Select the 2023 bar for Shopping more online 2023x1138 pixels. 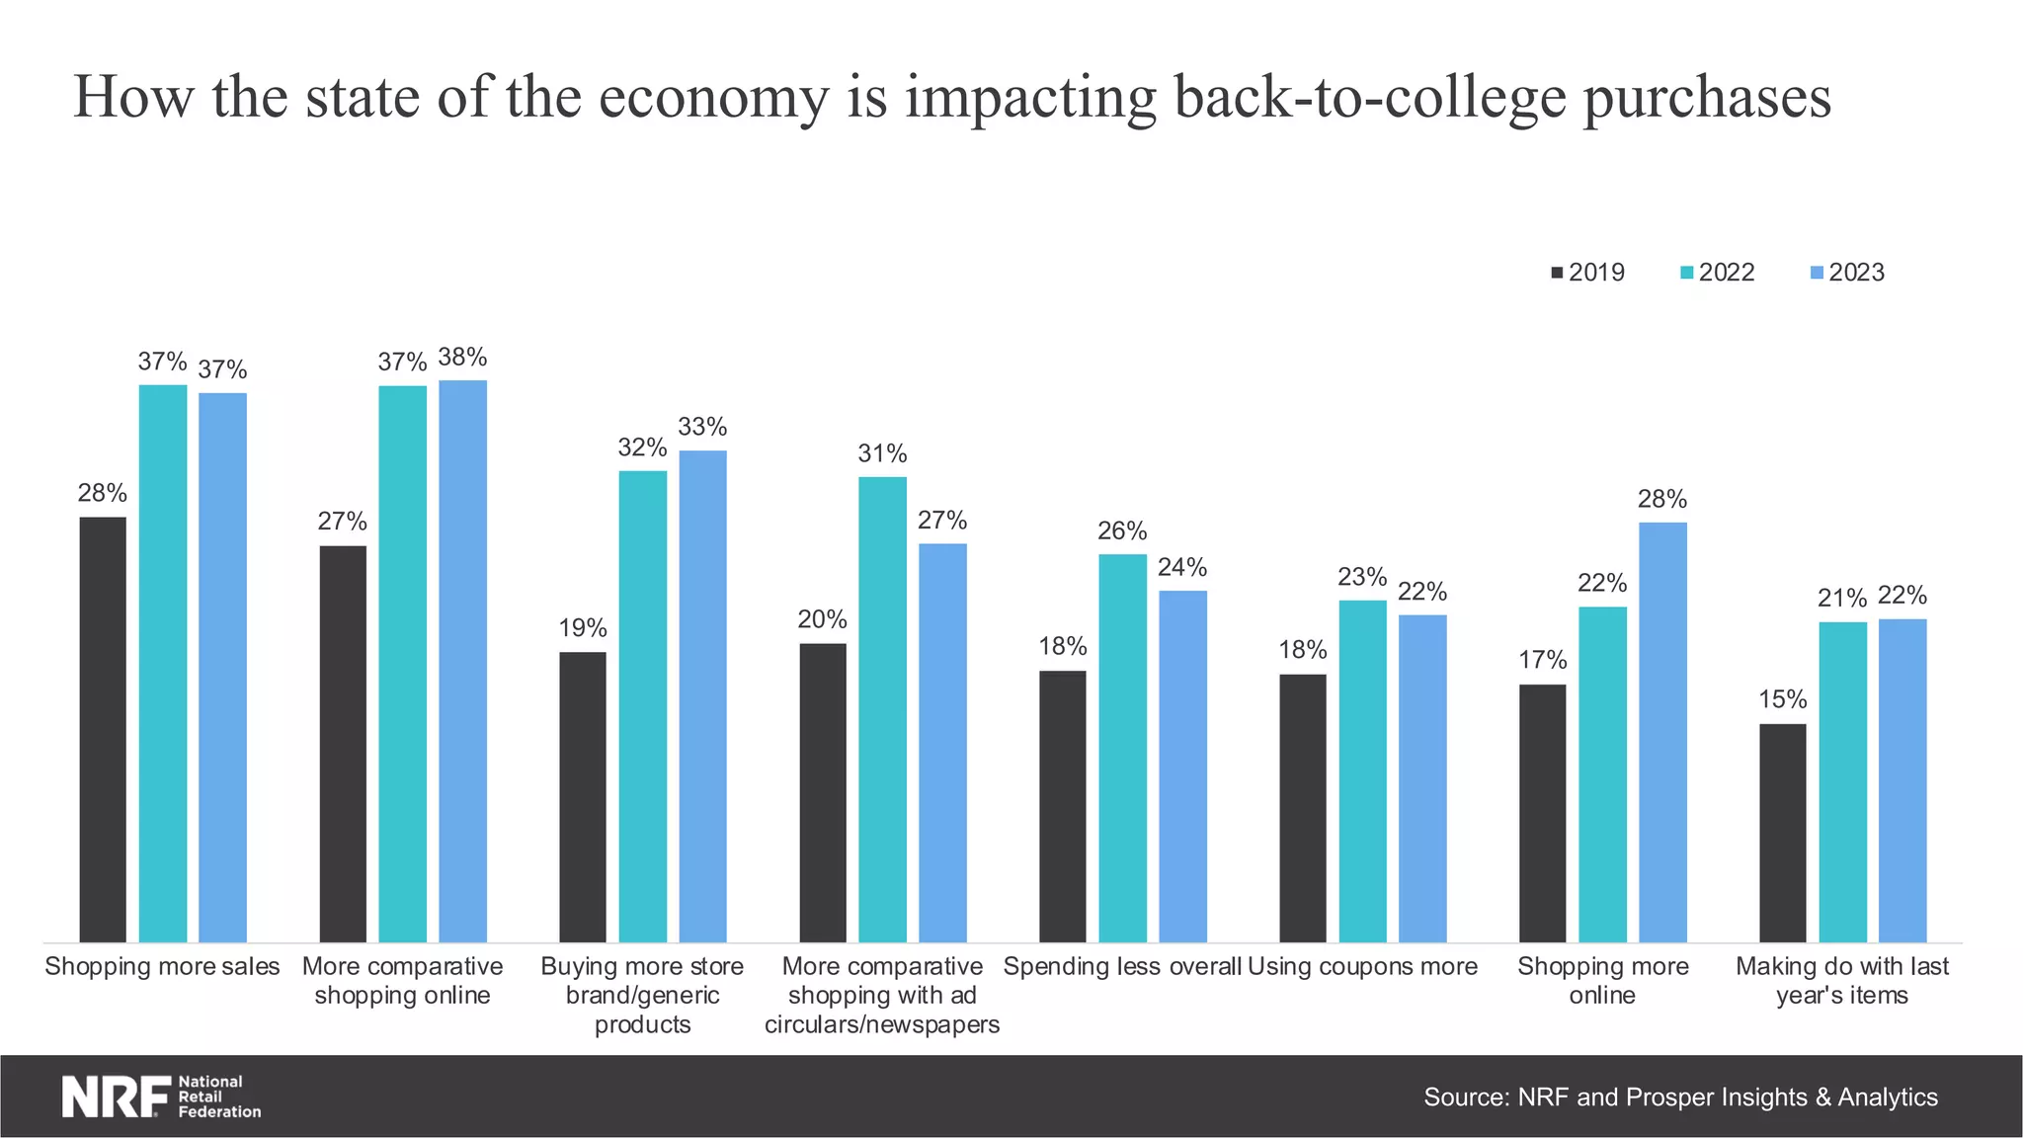pos(1662,732)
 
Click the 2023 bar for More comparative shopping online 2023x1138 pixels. pos(462,661)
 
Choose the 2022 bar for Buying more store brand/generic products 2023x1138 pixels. pos(642,706)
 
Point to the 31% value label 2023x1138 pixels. pos(882,453)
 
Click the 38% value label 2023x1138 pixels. pos(462,357)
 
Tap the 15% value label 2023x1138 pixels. pos(1782,699)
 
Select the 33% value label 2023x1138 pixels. pos(702,427)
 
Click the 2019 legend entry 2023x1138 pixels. pos(1587,273)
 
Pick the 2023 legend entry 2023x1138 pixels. pos(1847,273)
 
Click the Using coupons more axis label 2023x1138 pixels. pos(1362,966)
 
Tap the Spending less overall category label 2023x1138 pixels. pos(1122,966)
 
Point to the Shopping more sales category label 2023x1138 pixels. pos(162,966)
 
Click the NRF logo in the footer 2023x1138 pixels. pos(161,1097)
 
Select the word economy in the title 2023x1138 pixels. pos(712,97)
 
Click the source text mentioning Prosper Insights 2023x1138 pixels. pos(1680,1097)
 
